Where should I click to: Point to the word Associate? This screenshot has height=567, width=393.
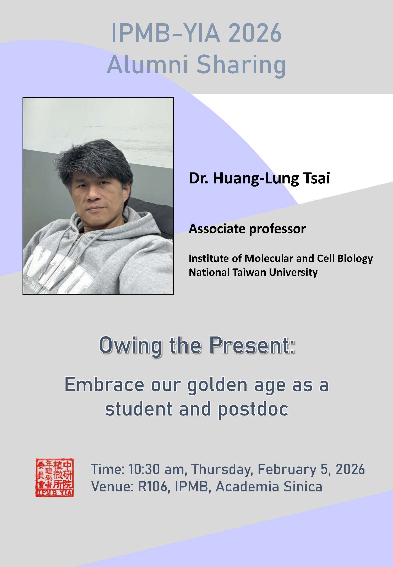[217, 229]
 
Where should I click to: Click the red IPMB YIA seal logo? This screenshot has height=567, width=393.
[54, 478]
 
